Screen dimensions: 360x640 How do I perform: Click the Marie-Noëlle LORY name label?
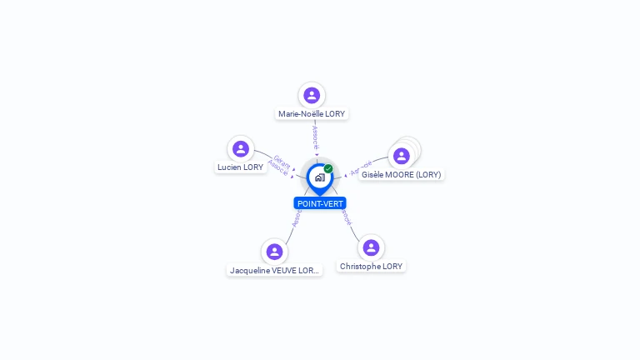312,113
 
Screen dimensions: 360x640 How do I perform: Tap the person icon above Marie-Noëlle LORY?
312,95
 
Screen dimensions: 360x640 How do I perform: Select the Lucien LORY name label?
240,167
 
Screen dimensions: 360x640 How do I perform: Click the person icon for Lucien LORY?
241,148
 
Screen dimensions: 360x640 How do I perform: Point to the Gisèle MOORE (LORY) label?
401,175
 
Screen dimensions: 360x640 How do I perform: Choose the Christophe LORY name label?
371,266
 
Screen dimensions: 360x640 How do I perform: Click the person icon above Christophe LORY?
372,247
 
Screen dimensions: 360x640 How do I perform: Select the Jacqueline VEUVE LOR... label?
274,270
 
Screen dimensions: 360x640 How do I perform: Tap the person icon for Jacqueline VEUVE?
274,252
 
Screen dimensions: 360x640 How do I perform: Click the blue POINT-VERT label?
320,203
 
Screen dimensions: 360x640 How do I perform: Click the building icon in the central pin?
319,177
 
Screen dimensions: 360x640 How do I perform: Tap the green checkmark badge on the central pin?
328,168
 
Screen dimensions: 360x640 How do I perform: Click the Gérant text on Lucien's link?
282,162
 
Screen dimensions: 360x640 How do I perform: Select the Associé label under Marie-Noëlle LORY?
315,137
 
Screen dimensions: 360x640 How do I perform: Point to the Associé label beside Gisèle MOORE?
361,167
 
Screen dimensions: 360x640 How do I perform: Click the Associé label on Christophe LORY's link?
345,219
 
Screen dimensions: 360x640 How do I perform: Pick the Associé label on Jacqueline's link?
296,218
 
